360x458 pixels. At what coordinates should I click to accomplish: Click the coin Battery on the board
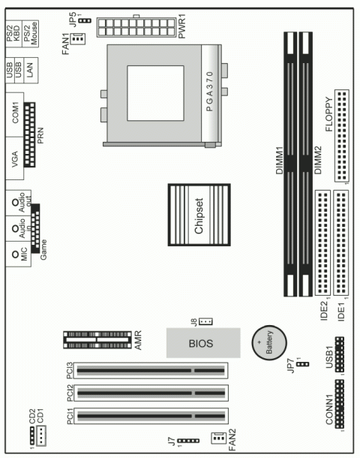tap(269, 342)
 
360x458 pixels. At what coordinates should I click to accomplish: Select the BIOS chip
tap(203, 343)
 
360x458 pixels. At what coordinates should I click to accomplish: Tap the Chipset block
tap(199, 215)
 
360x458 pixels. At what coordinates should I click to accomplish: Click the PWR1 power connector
tap(136, 27)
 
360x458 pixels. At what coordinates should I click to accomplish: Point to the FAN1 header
tap(78, 38)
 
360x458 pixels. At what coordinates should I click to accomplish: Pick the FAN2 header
tap(218, 438)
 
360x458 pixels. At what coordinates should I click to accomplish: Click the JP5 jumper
tap(85, 21)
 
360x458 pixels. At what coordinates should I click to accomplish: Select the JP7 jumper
tap(303, 364)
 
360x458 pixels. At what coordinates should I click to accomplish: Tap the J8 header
tap(205, 321)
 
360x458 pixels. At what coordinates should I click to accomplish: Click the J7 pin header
tap(188, 441)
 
